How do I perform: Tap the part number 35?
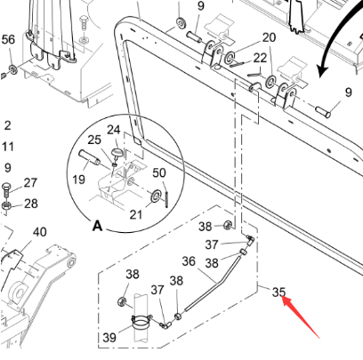278,292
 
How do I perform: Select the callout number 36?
188,261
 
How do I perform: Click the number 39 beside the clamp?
109,337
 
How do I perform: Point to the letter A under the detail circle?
97,226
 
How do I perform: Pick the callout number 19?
79,179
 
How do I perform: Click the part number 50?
160,172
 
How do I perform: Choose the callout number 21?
136,213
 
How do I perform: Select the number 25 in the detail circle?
93,140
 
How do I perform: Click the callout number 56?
8,40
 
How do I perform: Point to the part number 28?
30,204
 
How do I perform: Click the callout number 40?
39,231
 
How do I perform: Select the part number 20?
269,37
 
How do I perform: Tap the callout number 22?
260,58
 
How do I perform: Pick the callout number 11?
7,146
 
